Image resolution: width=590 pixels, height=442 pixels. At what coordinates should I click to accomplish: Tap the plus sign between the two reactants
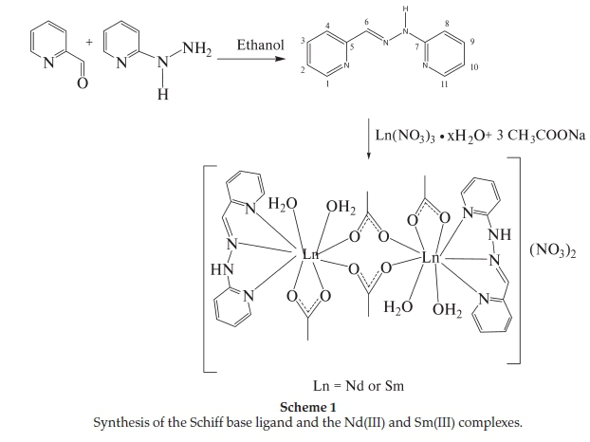[x=90, y=43]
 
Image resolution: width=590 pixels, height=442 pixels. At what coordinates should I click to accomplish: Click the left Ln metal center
[x=309, y=254]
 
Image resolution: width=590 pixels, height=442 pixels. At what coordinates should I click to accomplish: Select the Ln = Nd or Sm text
[x=360, y=387]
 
